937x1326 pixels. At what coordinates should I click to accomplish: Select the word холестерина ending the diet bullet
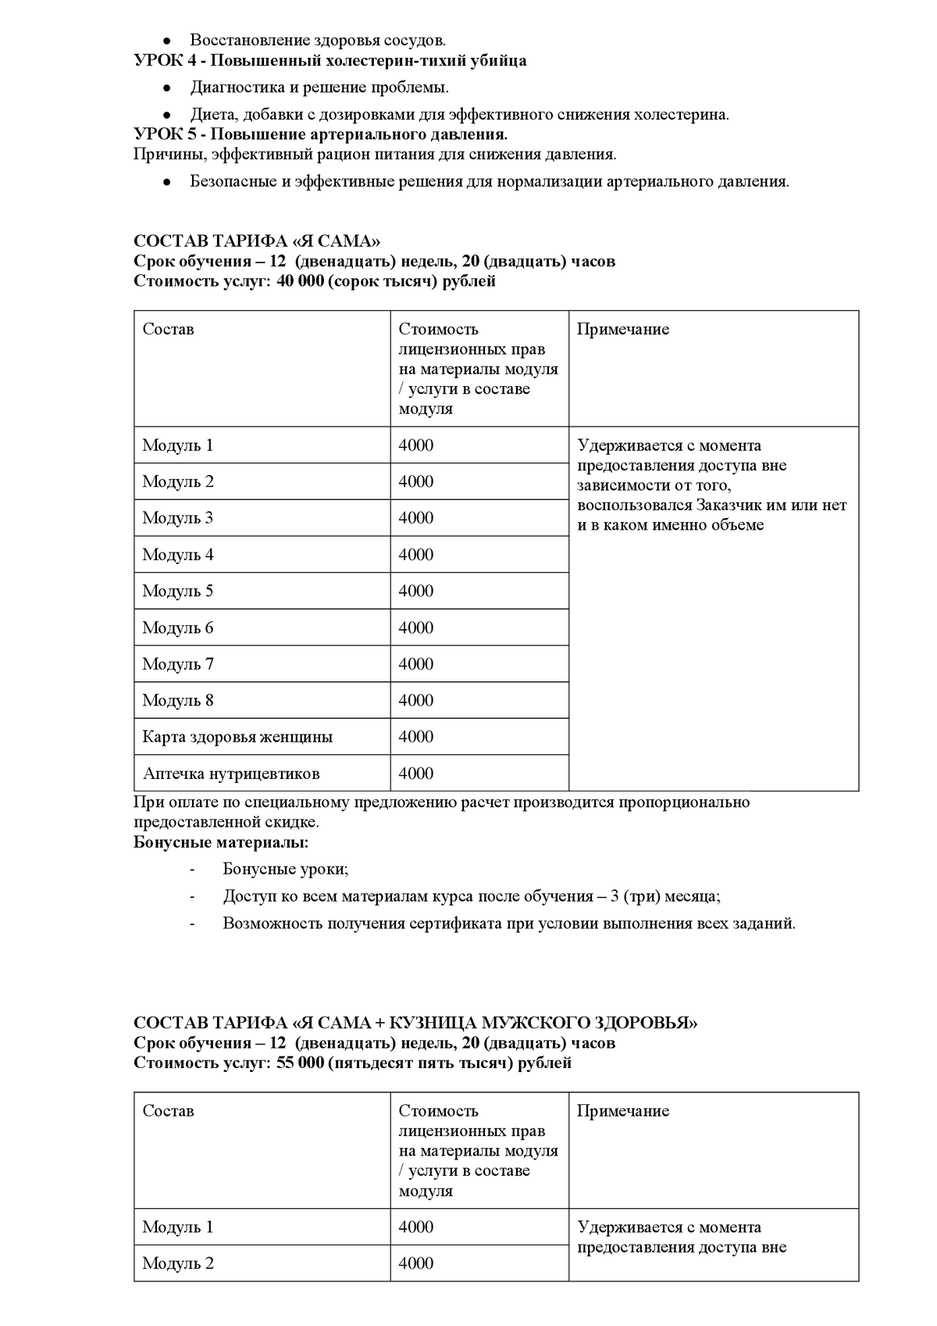point(680,115)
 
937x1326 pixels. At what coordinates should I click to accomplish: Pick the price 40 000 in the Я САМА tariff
point(300,281)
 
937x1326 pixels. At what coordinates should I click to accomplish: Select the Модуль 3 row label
point(178,518)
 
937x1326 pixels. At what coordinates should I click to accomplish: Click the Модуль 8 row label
point(178,701)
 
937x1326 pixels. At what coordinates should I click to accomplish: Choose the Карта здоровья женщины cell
point(237,737)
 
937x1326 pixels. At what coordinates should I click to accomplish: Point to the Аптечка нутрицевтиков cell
point(231,774)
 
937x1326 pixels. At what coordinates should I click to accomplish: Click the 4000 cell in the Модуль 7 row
point(415,664)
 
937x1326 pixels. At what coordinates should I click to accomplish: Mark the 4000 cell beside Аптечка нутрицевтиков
point(415,774)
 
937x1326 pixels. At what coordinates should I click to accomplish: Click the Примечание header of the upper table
point(623,329)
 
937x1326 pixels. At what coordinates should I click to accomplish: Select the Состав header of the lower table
point(168,1111)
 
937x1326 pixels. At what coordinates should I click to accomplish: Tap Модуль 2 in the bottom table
point(178,1263)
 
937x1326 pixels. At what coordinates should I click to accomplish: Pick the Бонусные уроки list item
point(286,869)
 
